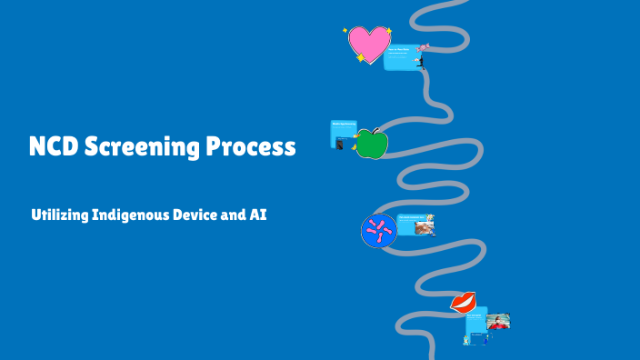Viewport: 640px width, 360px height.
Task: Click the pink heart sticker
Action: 368,44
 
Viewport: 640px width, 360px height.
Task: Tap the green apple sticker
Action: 371,144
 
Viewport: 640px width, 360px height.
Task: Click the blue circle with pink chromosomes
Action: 378,231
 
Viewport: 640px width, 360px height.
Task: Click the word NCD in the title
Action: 53,147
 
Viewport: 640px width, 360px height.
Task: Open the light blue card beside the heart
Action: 400,56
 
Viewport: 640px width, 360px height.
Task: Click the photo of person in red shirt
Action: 498,321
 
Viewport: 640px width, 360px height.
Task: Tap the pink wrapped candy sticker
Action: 423,47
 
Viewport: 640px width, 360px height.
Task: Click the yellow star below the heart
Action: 361,58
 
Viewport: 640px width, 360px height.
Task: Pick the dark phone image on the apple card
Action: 339,144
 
